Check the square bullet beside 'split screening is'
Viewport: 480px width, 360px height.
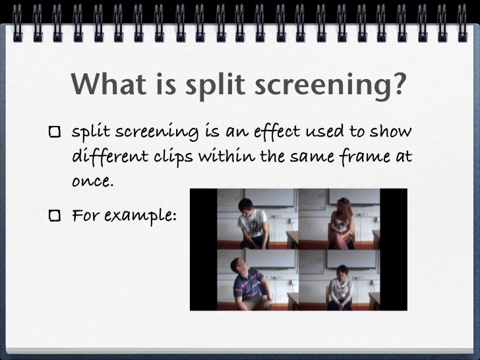tap(56, 133)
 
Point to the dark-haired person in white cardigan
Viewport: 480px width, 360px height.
tap(340, 290)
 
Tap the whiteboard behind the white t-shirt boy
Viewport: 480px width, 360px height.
tap(277, 201)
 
